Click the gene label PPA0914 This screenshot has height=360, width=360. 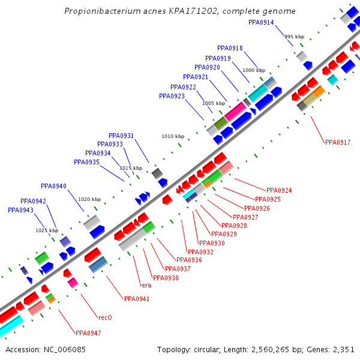pos(261,22)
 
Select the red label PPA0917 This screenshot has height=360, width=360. pos(338,142)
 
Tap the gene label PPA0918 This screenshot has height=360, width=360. pos(230,48)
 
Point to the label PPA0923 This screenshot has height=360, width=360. pos(172,96)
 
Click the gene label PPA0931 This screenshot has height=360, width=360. pos(121,136)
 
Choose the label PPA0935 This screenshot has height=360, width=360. pos(86,162)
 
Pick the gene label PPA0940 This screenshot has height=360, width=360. pos(53,186)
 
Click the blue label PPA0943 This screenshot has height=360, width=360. pos(20,210)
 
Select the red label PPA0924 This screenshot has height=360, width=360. pos(279,190)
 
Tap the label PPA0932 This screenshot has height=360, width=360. pos(200,252)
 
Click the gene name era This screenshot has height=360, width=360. pos(145,285)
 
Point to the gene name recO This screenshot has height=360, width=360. pos(105,317)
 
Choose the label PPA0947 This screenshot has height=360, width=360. pos(88,333)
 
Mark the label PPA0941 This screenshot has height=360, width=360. pos(136,299)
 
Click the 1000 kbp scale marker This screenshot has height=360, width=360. pos(254,70)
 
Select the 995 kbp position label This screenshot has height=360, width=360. pos(295,37)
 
